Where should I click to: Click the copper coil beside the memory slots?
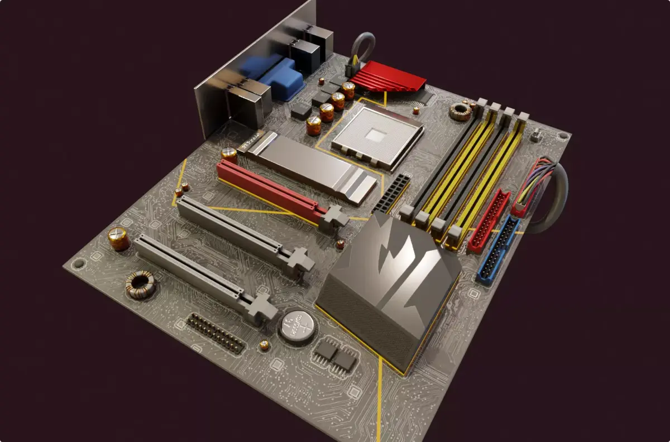461,112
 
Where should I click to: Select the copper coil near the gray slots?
140,284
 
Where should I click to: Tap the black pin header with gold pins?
215,333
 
